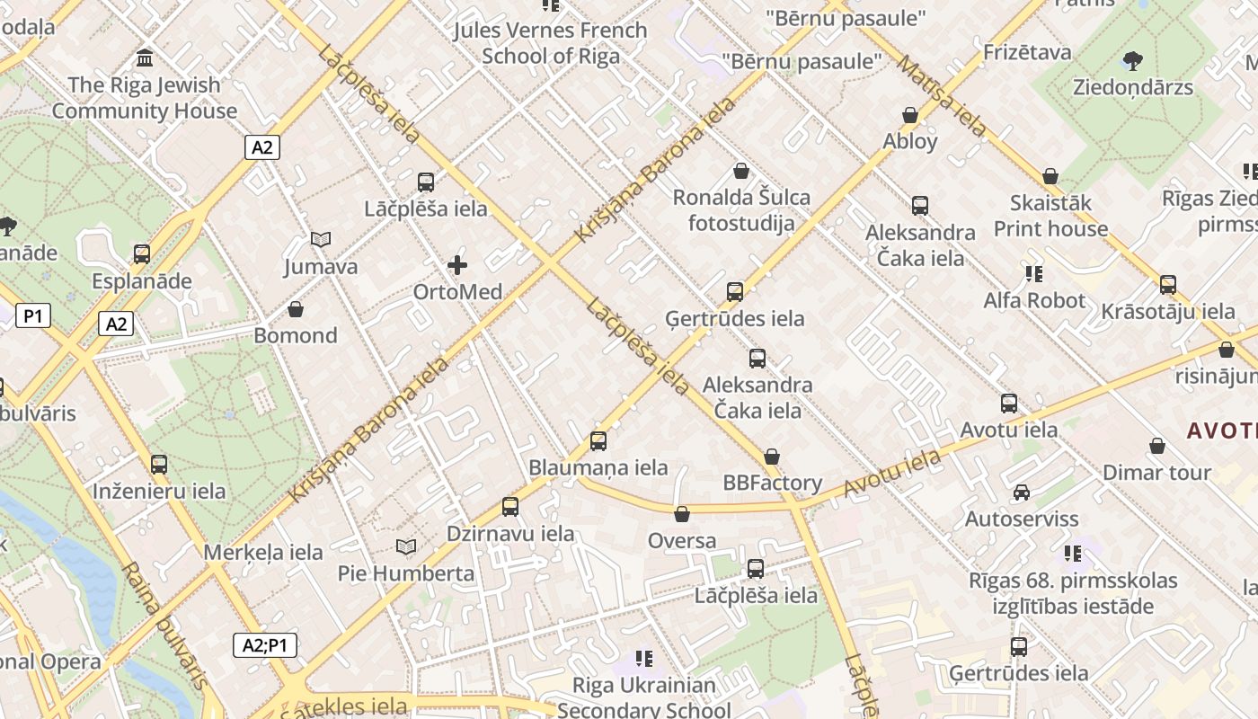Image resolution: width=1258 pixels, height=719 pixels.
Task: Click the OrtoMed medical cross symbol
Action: (457, 265)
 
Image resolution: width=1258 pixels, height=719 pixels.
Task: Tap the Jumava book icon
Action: (321, 239)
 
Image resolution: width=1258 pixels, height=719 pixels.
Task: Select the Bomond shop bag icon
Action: (295, 310)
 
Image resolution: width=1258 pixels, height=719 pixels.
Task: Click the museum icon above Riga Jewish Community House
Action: (144, 58)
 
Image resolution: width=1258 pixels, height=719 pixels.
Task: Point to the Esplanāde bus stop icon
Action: (141, 254)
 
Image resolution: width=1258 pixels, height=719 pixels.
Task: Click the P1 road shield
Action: (32, 315)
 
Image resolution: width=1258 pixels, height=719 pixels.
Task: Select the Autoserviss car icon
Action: (1021, 493)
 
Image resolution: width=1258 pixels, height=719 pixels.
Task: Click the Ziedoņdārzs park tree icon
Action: (1132, 61)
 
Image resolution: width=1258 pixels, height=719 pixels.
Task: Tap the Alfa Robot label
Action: (1034, 300)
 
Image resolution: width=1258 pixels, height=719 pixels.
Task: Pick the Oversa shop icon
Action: (682, 515)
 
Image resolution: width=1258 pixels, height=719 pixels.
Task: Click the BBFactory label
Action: (773, 484)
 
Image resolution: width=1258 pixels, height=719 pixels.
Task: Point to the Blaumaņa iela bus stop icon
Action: (598, 441)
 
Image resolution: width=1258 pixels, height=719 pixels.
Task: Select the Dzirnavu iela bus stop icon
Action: (510, 507)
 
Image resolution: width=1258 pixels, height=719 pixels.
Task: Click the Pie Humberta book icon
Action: (406, 546)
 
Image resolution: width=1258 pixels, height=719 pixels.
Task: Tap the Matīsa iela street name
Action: (943, 95)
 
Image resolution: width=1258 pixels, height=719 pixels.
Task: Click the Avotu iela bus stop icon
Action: (1009, 404)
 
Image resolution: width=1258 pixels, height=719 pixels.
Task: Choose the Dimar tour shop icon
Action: (1157, 446)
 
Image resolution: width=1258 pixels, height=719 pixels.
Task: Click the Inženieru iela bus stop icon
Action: (159, 465)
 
